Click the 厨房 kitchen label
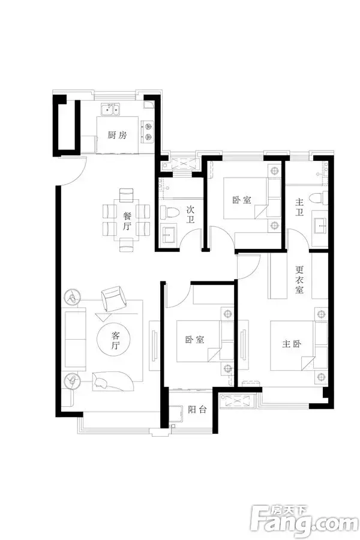(117, 136)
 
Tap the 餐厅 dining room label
(127, 221)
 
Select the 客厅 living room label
(115, 340)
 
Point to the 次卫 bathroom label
(191, 215)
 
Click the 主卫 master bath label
(299, 206)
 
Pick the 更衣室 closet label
(299, 279)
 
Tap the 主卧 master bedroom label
(292, 344)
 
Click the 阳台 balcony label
(197, 409)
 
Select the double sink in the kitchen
(110, 110)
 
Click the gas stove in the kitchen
(148, 131)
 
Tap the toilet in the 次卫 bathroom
(170, 211)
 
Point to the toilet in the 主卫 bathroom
(316, 199)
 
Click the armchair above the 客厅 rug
(113, 299)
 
